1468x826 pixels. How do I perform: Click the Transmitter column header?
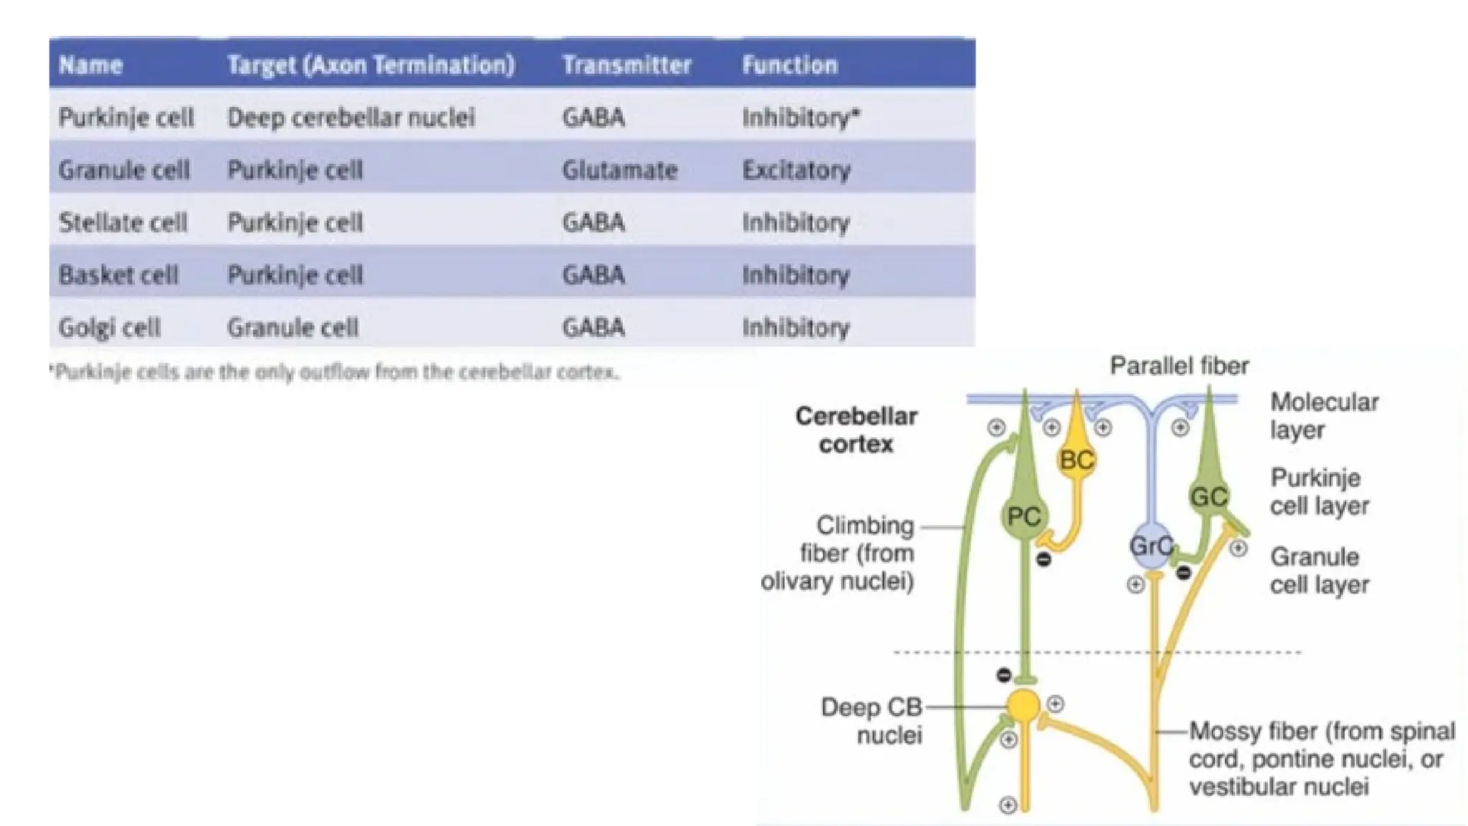click(626, 65)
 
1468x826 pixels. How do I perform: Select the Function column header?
click(789, 65)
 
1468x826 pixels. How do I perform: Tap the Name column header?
click(90, 65)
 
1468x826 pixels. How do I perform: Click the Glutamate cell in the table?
click(619, 170)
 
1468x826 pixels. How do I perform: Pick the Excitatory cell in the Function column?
click(796, 170)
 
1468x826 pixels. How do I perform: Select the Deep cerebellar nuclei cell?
click(351, 118)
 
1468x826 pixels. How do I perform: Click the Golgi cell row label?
click(109, 328)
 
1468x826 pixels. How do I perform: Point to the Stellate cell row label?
click(123, 222)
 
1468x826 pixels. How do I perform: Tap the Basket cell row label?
click(118, 275)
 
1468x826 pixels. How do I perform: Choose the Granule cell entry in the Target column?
click(292, 328)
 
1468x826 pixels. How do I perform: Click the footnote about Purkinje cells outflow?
click(335, 372)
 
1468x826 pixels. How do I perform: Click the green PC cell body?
click(1024, 516)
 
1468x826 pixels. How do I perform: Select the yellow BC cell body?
click(1076, 460)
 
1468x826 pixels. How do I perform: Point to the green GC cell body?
click(1209, 496)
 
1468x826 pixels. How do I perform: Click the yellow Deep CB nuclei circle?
click(1024, 706)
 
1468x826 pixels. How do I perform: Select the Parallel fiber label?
click(1179, 366)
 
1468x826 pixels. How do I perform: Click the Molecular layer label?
click(1323, 416)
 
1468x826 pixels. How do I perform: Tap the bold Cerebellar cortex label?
click(856, 430)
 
